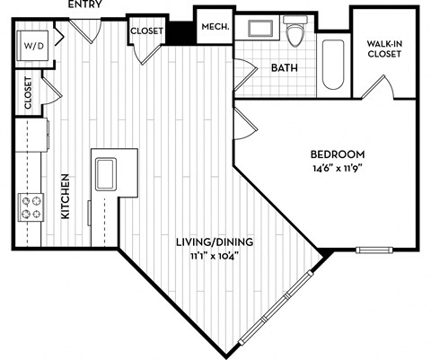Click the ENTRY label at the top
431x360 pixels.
pyautogui.click(x=86, y=5)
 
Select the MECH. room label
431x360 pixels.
pyautogui.click(x=214, y=28)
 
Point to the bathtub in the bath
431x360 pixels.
pyautogui.click(x=333, y=64)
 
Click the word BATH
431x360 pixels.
pyautogui.click(x=284, y=67)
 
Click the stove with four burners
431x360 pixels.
pyautogui.click(x=32, y=207)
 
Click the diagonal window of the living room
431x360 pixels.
pyautogui.click(x=278, y=303)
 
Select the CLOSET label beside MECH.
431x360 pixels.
pyautogui.click(x=146, y=31)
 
